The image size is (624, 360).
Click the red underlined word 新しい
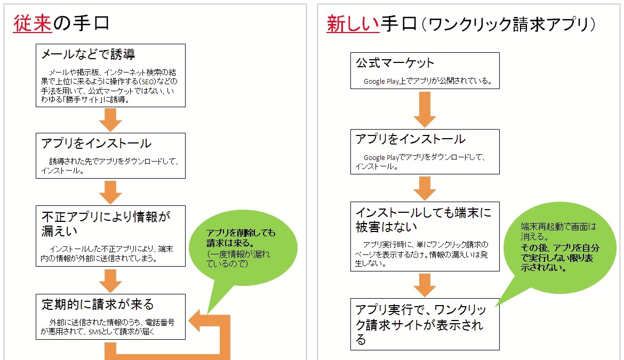coord(353,24)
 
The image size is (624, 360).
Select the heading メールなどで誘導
coord(88,54)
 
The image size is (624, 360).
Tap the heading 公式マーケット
coord(395,62)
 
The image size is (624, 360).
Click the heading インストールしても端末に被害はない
coord(423,220)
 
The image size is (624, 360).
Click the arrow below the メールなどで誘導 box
coord(111,119)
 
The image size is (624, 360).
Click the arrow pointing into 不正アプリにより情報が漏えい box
coord(111,192)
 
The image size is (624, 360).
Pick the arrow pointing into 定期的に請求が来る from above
coord(111,281)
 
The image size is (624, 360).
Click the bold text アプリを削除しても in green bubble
coord(241,233)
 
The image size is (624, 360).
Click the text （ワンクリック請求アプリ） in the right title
coord(511,25)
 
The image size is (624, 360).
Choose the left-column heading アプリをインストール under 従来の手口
coord(96,143)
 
